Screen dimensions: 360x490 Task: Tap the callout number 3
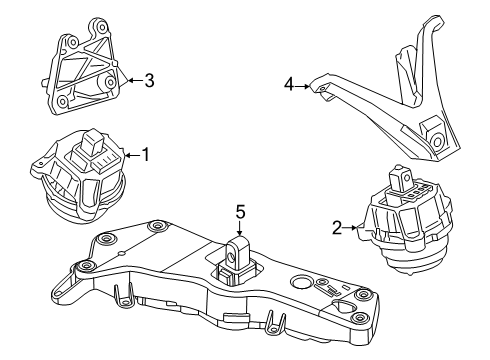[148, 81]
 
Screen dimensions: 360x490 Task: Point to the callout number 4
[289, 86]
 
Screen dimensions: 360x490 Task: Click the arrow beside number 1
[131, 155]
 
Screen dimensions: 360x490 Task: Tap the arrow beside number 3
[131, 81]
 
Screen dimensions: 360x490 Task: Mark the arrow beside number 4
[304, 87]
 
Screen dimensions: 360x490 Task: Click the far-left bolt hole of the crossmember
[86, 265]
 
